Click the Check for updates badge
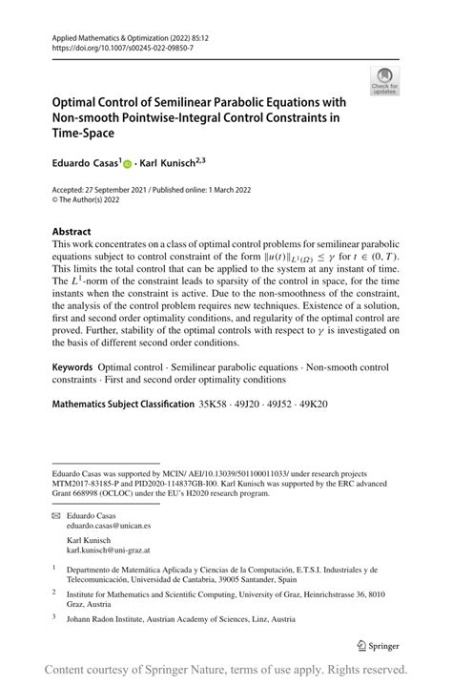tap(384, 80)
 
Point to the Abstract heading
tap(72, 231)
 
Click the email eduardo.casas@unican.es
tap(109, 526)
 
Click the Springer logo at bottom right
tap(378, 642)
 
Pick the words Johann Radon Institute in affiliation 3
tap(106, 617)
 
